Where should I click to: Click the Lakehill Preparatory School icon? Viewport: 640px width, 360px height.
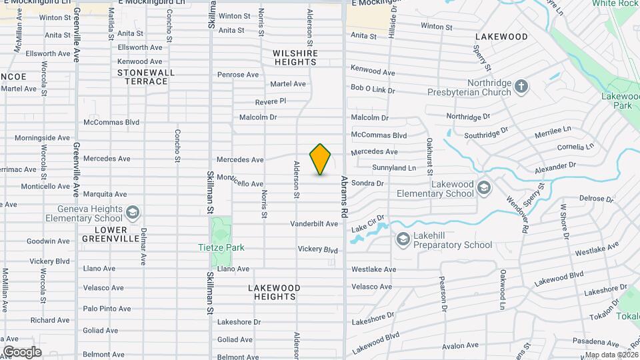tap(403, 239)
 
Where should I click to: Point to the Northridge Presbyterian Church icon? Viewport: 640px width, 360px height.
tap(521, 85)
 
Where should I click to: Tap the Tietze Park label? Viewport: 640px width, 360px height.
tap(221, 248)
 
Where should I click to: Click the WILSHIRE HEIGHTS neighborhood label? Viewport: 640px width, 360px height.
tap(295, 57)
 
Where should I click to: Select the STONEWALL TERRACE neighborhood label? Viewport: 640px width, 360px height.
tap(142, 77)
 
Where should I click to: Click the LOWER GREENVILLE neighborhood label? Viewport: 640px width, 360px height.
tap(105, 233)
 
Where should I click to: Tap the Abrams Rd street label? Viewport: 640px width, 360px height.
tap(344, 197)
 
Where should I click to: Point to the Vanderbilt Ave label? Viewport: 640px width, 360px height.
tap(314, 224)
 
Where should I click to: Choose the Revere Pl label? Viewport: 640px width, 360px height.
tap(270, 101)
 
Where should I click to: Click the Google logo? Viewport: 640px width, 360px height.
tap(22, 351)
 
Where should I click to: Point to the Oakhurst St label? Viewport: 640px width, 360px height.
tap(429, 153)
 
